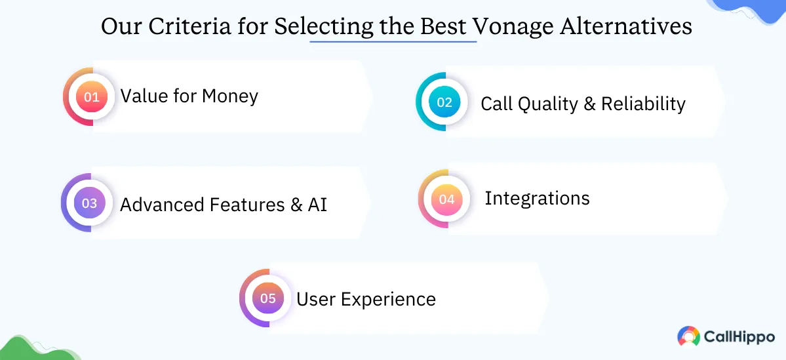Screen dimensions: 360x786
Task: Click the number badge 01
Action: pos(91,97)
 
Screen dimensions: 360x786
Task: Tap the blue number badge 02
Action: pos(444,102)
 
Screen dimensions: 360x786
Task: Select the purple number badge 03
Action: pos(89,203)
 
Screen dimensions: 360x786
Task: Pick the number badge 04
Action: pos(446,199)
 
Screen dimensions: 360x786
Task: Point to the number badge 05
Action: pos(267,298)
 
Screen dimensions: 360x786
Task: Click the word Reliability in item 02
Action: pos(643,104)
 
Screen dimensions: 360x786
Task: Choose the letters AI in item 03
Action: pos(317,205)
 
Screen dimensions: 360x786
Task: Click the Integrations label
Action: pos(537,198)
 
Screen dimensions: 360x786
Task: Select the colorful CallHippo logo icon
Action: pos(688,336)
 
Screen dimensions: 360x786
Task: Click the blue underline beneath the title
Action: pos(393,42)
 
